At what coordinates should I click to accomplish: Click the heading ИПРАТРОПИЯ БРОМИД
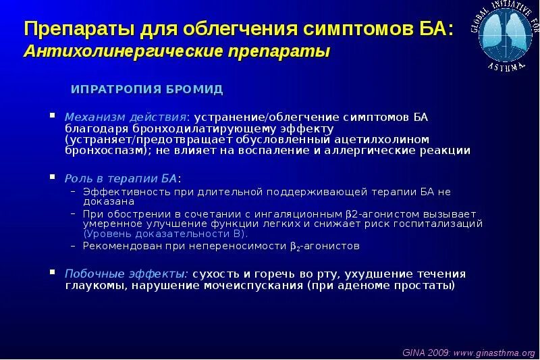[147, 89]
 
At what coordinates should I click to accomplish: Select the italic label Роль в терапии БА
[122, 178]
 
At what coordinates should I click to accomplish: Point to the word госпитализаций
[443, 222]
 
